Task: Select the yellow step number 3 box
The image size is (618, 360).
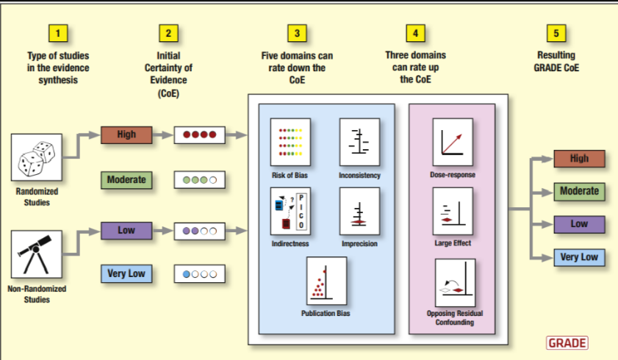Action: (298, 33)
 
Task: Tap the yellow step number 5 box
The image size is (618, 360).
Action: (556, 33)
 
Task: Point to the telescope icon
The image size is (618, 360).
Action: (36, 254)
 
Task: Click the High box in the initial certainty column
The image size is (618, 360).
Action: (126, 135)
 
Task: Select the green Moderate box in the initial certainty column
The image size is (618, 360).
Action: (126, 179)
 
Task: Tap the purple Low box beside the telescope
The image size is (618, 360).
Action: (126, 231)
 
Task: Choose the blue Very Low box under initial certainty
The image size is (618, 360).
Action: (126, 274)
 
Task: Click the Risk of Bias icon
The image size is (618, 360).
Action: (290, 142)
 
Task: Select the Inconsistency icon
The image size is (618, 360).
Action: (359, 142)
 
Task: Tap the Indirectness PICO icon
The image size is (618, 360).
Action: (290, 211)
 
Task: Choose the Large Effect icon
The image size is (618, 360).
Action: (452, 211)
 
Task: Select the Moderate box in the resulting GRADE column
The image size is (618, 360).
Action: (580, 192)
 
